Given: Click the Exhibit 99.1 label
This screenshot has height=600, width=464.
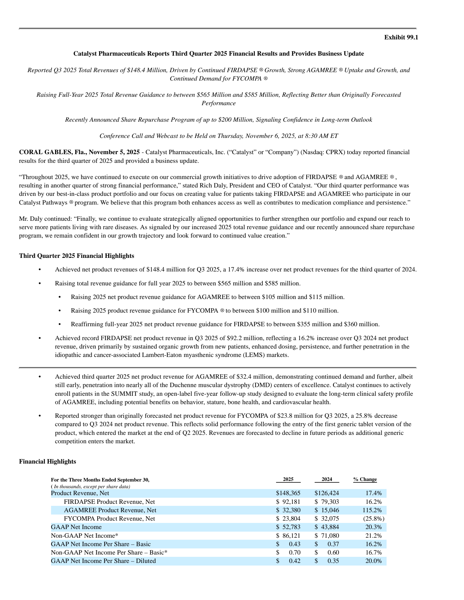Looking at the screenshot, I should pos(401,37).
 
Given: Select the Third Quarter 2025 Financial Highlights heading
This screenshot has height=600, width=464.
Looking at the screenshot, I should pos(77,256).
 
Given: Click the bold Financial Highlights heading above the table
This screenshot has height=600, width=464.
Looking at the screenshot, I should pos(48,462).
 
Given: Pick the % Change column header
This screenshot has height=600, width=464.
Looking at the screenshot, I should pos(365,479).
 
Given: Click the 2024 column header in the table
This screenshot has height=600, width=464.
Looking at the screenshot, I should pos(327,479).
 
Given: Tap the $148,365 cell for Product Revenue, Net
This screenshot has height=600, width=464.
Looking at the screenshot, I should pos(288,493).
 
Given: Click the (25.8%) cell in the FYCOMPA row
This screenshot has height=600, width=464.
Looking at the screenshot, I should pos(374,519).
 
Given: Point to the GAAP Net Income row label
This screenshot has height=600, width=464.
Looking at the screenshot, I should pos(76,527).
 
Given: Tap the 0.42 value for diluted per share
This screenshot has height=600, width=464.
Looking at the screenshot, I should pos(295,561).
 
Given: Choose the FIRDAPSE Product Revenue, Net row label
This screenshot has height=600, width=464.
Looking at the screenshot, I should pos(109,502).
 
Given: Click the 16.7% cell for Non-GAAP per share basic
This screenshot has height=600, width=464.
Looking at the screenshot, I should pos(373,552).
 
